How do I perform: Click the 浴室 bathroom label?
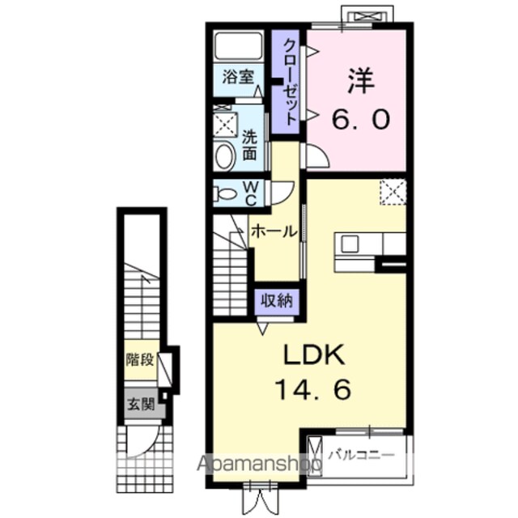coord(238,77)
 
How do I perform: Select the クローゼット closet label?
coord(290,82)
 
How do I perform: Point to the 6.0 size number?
coord(361,120)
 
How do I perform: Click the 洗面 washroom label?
coord(250,145)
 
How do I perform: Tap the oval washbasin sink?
coord(225,157)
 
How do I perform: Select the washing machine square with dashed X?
coord(225,124)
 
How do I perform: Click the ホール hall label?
coord(274,232)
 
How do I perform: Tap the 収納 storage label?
coord(277,300)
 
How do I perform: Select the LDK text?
coord(315,355)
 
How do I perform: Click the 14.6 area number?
coord(312,390)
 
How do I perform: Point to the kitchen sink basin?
coord(350,244)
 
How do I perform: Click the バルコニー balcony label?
coord(362,456)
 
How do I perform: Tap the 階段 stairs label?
coord(140,359)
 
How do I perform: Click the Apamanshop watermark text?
coord(260,464)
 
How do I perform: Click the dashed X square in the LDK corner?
coord(393,192)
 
